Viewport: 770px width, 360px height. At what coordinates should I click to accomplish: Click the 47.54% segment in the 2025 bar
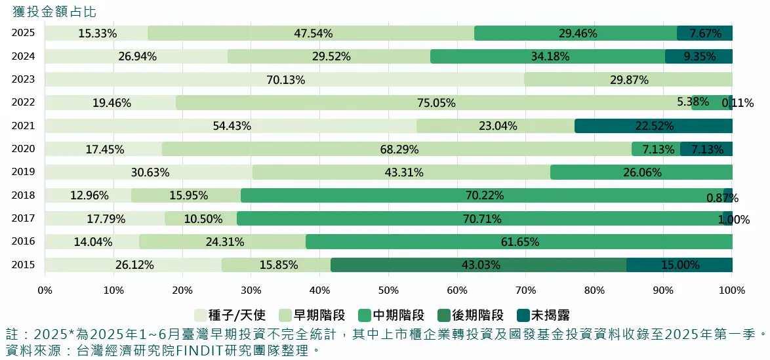click(x=311, y=33)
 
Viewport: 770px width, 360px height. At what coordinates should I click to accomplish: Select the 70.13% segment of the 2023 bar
click(x=285, y=80)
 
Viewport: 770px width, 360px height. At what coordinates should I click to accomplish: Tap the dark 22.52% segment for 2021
click(x=653, y=126)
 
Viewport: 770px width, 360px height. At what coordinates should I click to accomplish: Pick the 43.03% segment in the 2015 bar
click(x=478, y=265)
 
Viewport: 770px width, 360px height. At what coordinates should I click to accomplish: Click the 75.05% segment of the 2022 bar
click(x=434, y=103)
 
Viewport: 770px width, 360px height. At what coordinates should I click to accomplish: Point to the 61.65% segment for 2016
click(x=519, y=242)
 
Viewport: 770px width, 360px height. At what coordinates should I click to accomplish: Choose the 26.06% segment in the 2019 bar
click(x=641, y=172)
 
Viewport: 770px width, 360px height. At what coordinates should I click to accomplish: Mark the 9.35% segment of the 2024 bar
click(x=699, y=56)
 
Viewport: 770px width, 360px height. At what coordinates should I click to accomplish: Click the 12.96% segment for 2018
click(x=89, y=195)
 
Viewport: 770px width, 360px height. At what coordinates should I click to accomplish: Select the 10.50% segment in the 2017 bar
click(x=201, y=219)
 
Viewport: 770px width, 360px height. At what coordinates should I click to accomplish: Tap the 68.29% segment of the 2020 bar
click(x=397, y=150)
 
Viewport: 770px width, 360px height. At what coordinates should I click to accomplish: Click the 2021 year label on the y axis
click(x=23, y=126)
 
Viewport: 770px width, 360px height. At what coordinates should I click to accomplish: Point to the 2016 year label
click(x=23, y=242)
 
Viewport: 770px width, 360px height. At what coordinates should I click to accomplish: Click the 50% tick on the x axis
click(x=388, y=290)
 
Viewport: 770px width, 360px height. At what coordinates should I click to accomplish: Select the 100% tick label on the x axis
click(x=731, y=290)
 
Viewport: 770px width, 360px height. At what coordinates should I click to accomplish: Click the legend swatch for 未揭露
click(x=522, y=315)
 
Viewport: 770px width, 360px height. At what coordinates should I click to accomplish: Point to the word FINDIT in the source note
click(x=194, y=350)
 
